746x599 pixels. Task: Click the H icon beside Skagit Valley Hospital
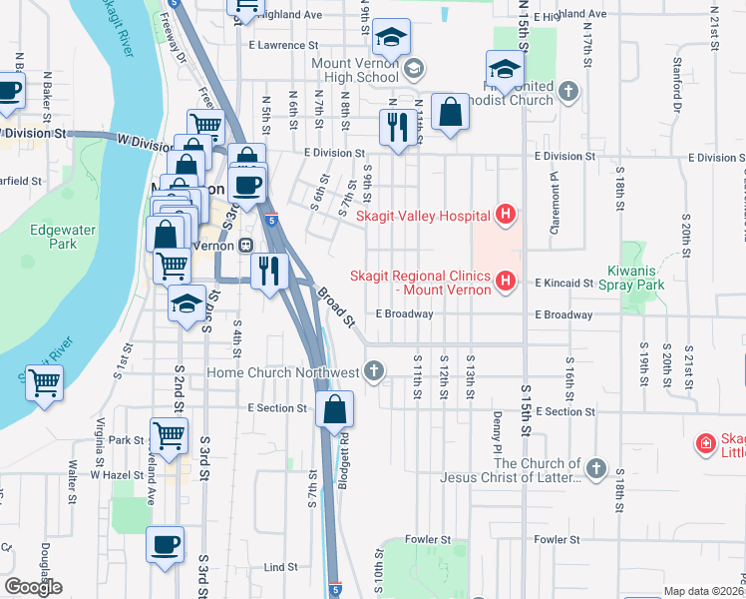click(x=506, y=216)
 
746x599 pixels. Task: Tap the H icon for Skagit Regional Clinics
click(x=506, y=282)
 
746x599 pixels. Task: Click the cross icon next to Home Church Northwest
click(x=374, y=372)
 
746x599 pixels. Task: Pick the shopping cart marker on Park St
click(x=169, y=436)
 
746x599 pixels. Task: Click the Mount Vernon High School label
click(x=355, y=70)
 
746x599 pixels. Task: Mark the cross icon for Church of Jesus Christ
click(x=595, y=468)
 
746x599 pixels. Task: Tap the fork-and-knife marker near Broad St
click(x=269, y=272)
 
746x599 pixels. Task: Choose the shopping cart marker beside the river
click(x=45, y=383)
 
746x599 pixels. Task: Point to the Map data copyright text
click(x=702, y=591)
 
